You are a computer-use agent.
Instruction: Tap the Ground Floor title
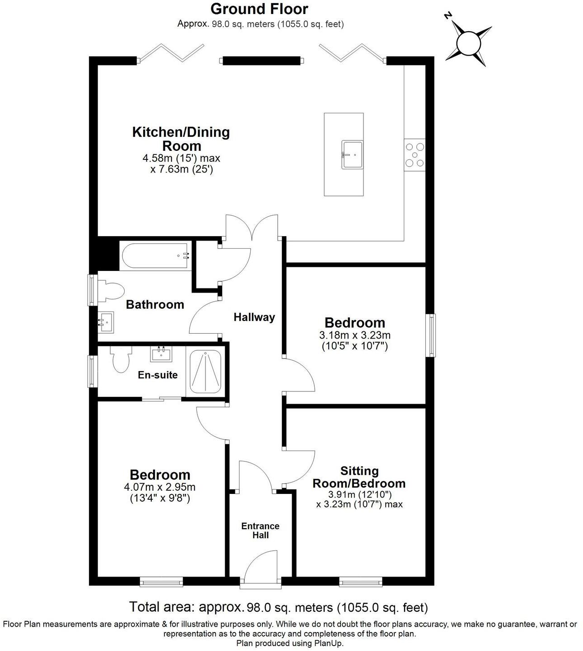[x=260, y=9]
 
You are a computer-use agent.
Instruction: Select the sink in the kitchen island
[x=352, y=154]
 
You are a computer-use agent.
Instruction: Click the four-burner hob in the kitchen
[x=414, y=154]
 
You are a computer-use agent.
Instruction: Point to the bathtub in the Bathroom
[x=155, y=256]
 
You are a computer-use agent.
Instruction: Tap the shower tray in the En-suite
[x=205, y=372]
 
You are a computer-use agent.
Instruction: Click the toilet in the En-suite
[x=121, y=360]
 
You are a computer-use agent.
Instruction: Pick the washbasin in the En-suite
[x=161, y=353]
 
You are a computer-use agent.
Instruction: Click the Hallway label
[x=254, y=317]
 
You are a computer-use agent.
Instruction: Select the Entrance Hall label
[x=260, y=530]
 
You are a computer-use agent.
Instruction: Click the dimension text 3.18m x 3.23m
[x=355, y=335]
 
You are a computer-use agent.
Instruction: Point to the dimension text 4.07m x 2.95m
[x=159, y=487]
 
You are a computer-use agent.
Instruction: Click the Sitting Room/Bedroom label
[x=359, y=477]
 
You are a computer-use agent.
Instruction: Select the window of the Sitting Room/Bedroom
[x=361, y=582]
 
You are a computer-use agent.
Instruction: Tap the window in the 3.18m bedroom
[x=432, y=335]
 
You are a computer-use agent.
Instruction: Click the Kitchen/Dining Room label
[x=181, y=139]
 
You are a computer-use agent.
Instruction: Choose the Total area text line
[x=278, y=607]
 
